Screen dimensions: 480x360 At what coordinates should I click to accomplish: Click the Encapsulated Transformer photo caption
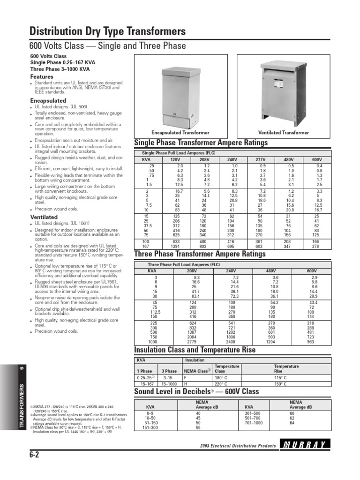(180, 133)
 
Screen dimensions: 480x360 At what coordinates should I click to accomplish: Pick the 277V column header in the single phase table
(261, 159)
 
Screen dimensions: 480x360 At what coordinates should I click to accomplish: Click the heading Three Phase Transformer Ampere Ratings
(200, 254)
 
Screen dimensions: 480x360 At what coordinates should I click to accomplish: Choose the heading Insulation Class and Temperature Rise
(195, 350)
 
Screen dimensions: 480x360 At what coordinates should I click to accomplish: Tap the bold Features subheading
(42, 76)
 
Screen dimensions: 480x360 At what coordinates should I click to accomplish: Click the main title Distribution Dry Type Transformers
(108, 31)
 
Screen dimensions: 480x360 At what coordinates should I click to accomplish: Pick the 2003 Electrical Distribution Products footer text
(238, 445)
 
